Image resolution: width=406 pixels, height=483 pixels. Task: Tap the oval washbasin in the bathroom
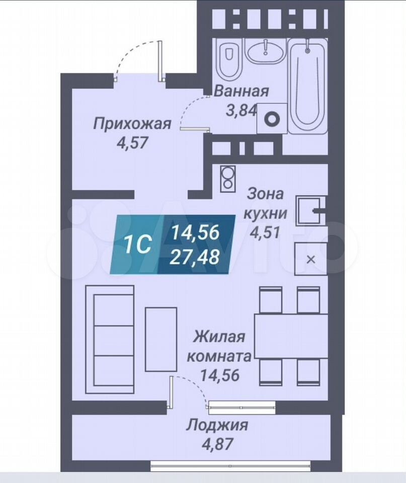click(x=266, y=52)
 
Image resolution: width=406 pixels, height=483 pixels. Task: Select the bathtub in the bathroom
click(x=308, y=88)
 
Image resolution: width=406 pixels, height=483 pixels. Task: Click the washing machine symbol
click(x=272, y=119)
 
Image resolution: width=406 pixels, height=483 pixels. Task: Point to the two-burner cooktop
click(x=228, y=179)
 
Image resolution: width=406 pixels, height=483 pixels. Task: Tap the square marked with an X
click(x=310, y=259)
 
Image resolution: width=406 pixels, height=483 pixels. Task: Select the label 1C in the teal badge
click(x=138, y=245)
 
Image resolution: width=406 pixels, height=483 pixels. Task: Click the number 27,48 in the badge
click(x=195, y=257)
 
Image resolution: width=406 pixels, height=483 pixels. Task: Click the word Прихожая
click(x=132, y=124)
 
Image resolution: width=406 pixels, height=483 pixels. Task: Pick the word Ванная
click(x=241, y=92)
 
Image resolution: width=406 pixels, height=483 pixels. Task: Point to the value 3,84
click(x=241, y=110)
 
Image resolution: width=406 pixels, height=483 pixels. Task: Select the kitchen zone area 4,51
click(x=265, y=232)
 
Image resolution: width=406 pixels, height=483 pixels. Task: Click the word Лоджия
click(x=217, y=426)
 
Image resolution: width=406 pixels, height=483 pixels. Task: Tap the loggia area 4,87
click(x=217, y=444)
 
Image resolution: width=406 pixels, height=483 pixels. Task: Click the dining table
click(x=291, y=336)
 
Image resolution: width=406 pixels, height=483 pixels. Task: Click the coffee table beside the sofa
click(x=161, y=339)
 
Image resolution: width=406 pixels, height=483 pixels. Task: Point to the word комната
click(x=219, y=357)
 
